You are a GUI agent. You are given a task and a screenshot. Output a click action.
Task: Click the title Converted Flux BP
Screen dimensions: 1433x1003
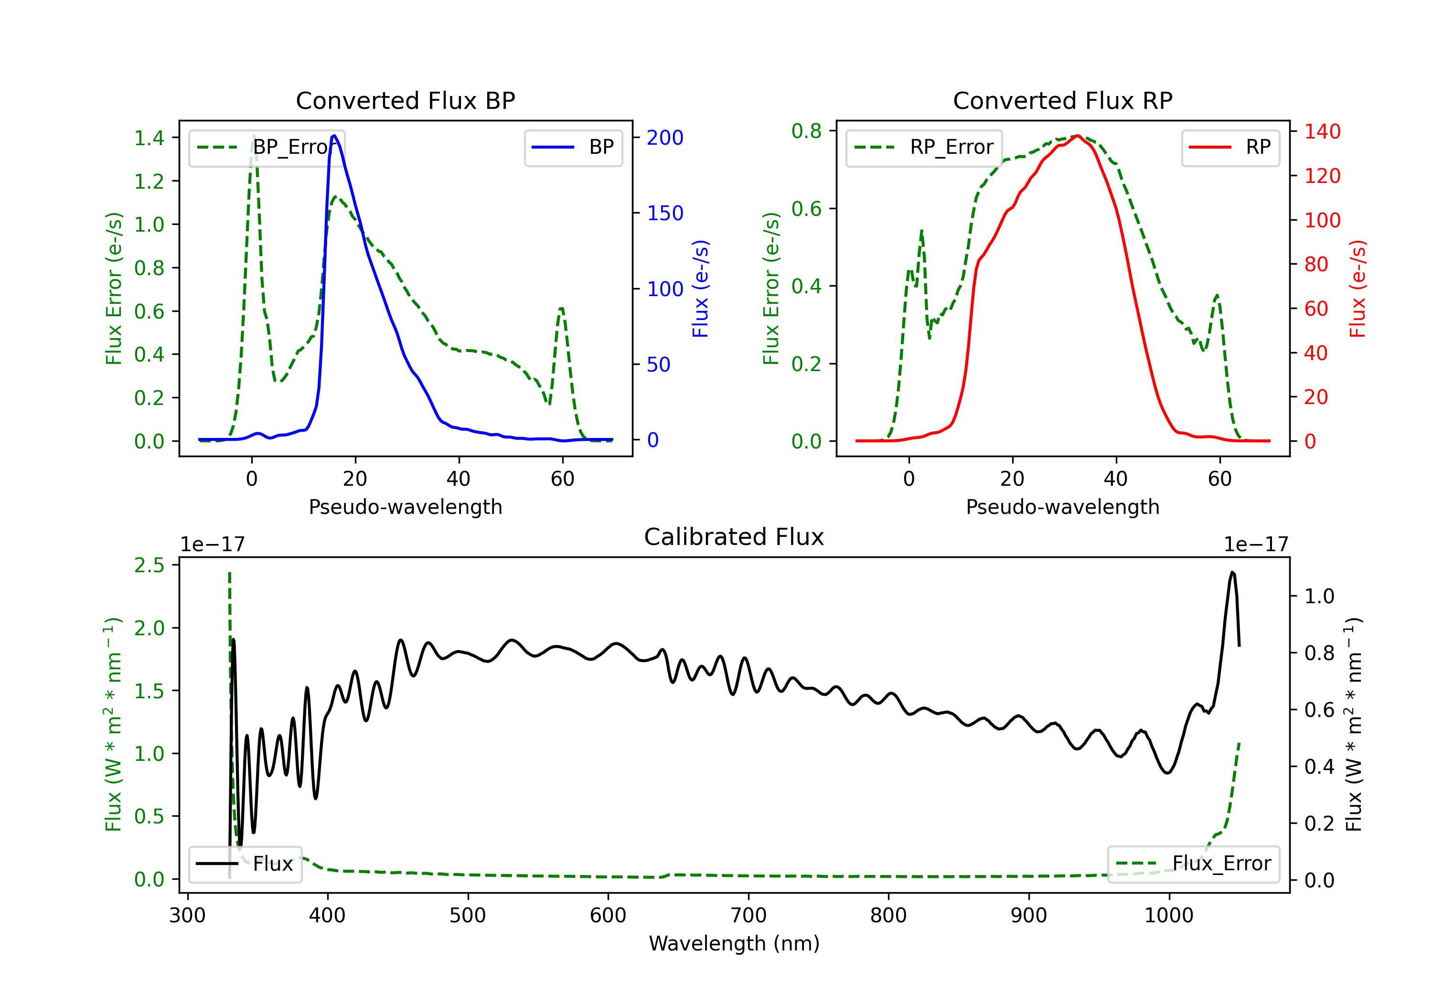click(405, 100)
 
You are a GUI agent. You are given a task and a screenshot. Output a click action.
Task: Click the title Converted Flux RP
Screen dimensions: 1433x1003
click(1062, 100)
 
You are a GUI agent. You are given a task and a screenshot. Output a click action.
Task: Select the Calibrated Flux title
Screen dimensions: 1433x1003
click(734, 537)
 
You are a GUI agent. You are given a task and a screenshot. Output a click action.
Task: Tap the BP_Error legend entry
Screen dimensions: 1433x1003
click(267, 147)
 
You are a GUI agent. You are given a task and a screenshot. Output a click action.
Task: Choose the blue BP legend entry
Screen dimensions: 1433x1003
click(573, 147)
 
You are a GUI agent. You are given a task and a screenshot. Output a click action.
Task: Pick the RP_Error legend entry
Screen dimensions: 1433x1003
click(924, 147)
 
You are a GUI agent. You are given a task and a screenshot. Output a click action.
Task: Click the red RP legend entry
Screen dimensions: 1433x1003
click(1230, 147)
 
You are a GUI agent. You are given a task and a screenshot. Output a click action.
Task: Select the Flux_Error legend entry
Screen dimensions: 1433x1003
click(1193, 864)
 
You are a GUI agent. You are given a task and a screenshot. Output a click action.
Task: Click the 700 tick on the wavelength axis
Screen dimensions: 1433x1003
click(749, 916)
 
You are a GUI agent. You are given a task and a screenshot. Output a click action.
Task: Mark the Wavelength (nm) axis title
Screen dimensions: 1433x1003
click(734, 944)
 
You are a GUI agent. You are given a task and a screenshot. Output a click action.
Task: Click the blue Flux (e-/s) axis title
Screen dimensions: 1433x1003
click(701, 288)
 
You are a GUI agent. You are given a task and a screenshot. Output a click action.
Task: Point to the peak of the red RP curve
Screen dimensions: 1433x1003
click(1078, 136)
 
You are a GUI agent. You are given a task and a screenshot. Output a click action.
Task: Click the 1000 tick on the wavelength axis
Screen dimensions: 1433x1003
click(1169, 916)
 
